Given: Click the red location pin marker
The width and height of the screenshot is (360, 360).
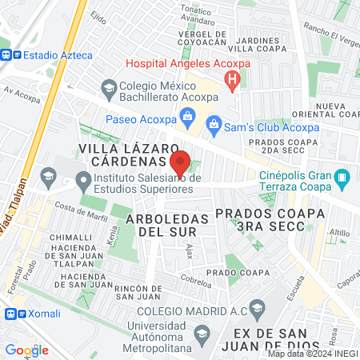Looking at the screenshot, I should (x=180, y=162).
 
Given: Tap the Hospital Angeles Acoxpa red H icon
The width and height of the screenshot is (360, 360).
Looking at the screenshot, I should (x=232, y=78).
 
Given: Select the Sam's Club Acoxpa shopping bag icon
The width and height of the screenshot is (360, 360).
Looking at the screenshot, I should (x=214, y=123).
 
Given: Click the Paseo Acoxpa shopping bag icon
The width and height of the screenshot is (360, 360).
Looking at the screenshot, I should (x=187, y=117).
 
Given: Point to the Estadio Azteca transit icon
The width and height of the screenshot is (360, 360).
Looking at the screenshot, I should (x=8, y=55).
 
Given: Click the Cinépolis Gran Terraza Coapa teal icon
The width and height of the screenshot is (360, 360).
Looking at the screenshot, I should (x=342, y=176).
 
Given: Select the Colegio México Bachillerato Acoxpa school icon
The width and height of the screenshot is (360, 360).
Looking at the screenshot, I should (x=108, y=86).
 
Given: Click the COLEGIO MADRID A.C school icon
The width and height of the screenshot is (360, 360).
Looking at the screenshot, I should (x=257, y=307).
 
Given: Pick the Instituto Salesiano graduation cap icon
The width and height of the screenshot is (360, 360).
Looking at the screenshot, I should (x=50, y=176).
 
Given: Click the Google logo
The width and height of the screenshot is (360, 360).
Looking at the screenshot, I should (x=27, y=350).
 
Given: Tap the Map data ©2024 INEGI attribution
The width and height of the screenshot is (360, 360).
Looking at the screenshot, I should (x=311, y=354).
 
